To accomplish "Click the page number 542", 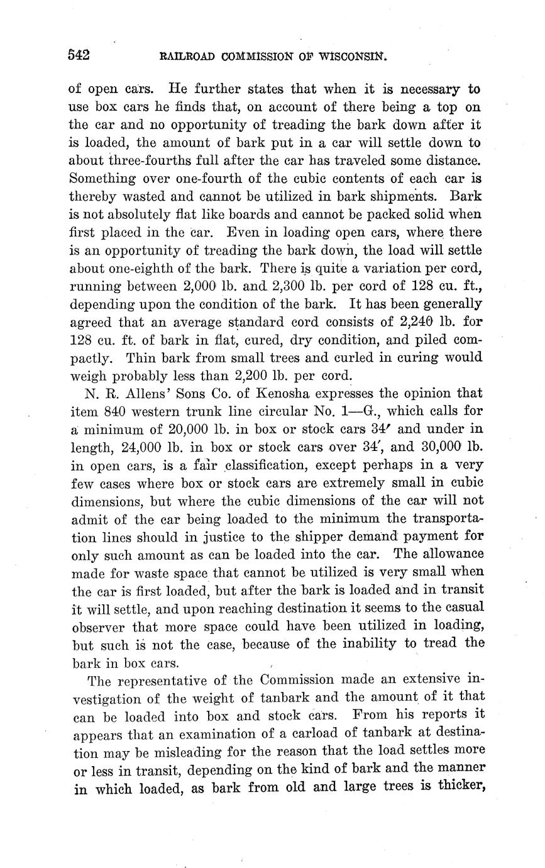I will [x=79, y=55].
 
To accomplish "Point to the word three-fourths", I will [x=143, y=161].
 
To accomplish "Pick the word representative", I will [x=172, y=680].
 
